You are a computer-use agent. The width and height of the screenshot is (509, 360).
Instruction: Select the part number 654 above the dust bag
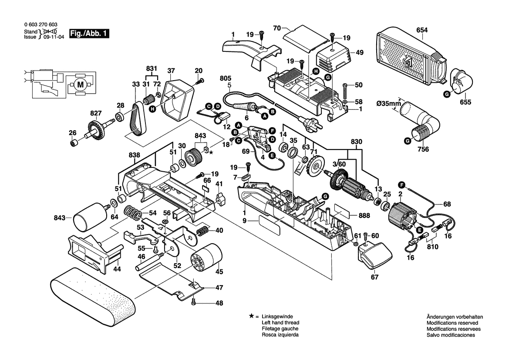422,30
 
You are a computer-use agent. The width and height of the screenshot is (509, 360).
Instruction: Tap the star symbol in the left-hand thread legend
251,316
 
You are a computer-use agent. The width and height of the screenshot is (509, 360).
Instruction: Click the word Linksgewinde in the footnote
277,316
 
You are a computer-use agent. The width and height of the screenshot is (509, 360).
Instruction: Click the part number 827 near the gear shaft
95,113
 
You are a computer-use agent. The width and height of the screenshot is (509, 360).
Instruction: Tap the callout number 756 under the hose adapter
423,149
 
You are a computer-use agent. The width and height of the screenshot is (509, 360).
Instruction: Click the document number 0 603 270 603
40,25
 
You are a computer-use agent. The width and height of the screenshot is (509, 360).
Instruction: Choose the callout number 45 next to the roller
219,272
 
